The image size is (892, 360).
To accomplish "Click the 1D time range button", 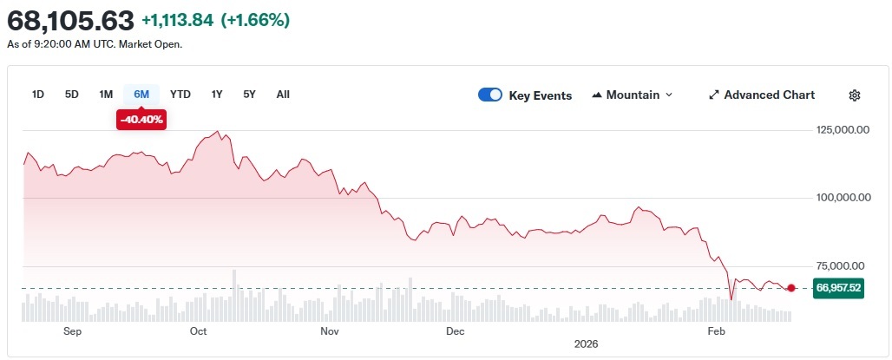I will click(38, 94).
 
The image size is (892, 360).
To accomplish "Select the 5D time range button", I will click(72, 94).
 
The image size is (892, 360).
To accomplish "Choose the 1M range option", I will click(106, 94).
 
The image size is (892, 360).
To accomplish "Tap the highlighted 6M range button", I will click(141, 94).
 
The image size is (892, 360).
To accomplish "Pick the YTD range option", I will click(180, 94).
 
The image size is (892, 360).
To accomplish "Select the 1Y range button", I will click(217, 94).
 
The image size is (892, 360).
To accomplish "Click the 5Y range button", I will click(250, 94).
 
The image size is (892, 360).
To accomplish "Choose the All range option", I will click(283, 94).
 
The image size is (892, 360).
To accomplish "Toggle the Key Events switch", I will click(490, 95).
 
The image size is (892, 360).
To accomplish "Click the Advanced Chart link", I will click(762, 95).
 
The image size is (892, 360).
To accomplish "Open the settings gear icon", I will click(855, 95).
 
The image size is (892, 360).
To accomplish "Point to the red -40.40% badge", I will click(141, 120).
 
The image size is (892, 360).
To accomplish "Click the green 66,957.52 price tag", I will click(837, 288).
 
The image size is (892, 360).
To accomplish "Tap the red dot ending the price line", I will click(791, 288).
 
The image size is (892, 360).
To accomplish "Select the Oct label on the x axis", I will click(198, 331).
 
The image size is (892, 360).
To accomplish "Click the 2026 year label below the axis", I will click(587, 344).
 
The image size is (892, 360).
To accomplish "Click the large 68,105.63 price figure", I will click(70, 19).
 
